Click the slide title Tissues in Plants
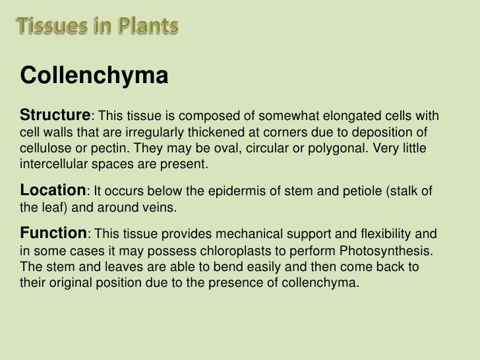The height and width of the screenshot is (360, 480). pyautogui.click(x=97, y=27)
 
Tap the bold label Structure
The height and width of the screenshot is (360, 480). pyautogui.click(x=58, y=115)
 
